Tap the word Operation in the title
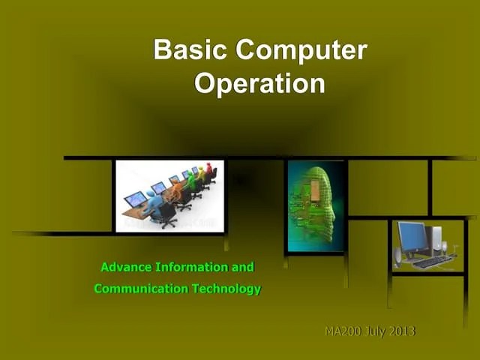click(x=259, y=83)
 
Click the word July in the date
click(x=375, y=331)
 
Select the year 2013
click(x=403, y=331)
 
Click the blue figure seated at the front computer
click(x=154, y=200)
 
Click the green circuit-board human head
click(x=315, y=202)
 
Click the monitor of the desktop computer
click(x=412, y=237)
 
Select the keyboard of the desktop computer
click(x=432, y=262)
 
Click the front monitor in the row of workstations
click(x=136, y=199)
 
